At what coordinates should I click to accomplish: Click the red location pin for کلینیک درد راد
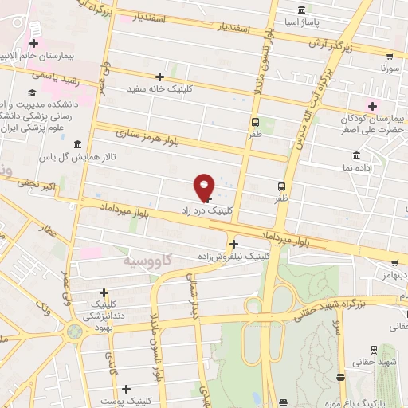[205, 187]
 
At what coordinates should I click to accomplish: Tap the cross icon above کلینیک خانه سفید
[160, 76]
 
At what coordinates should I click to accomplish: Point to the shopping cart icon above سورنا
[390, 57]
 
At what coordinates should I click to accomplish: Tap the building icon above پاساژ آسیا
[301, 10]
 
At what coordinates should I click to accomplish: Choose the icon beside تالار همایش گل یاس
[77, 144]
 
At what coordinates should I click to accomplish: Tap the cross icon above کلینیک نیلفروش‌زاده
[233, 244]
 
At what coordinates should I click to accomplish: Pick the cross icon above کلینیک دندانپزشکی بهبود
[104, 292]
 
